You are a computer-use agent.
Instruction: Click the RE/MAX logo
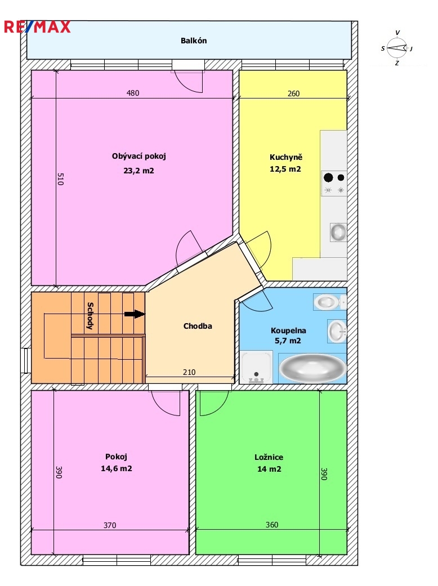coord(37,27)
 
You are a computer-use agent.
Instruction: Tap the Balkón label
coord(194,41)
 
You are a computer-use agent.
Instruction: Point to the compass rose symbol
coord(397,48)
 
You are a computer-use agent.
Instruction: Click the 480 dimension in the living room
coord(133,93)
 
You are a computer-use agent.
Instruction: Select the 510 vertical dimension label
coord(61,178)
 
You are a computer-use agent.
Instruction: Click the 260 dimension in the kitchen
coord(293,93)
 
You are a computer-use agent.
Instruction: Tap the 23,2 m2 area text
coord(138,171)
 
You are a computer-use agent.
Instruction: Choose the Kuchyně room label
coord(286,158)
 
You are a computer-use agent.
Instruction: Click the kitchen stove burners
coord(334,184)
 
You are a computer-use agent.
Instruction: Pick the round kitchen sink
coord(338,232)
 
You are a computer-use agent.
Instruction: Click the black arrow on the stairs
coord(135,314)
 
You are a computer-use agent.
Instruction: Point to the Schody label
coord(90,316)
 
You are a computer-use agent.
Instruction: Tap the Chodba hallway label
coord(198,326)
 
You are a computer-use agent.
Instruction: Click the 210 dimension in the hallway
coord(189,372)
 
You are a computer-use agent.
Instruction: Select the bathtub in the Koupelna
coord(313,368)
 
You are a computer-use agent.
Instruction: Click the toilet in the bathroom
coord(328,302)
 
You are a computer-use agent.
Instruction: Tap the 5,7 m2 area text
coord(288,341)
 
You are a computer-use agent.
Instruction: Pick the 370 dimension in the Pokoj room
coord(110,525)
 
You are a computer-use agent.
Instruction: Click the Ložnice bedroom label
coord(269,457)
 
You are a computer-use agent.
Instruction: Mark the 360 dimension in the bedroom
coord(272,525)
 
